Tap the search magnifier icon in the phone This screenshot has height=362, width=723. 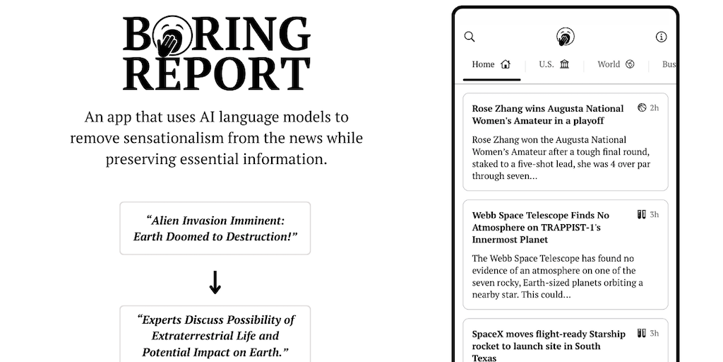[470, 37]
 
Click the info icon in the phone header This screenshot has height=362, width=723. [661, 37]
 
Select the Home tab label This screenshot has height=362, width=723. [483, 64]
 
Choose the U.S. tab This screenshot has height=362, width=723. [546, 64]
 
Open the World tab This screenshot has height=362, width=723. [608, 64]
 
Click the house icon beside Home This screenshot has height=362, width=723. [506, 64]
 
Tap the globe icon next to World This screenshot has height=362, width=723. [630, 64]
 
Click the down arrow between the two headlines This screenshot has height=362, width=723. [215, 282]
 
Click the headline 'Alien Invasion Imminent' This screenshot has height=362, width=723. [215, 221]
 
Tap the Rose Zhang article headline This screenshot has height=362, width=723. [548, 115]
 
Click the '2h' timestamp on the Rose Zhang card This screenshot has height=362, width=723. [655, 108]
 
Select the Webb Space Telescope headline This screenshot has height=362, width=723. [541, 227]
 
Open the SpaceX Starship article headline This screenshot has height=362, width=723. [549, 346]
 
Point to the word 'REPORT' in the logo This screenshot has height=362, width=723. [217, 74]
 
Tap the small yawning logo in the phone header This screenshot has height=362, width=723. [565, 37]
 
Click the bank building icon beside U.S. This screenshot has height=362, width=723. [565, 64]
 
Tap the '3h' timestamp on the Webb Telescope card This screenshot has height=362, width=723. [655, 215]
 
